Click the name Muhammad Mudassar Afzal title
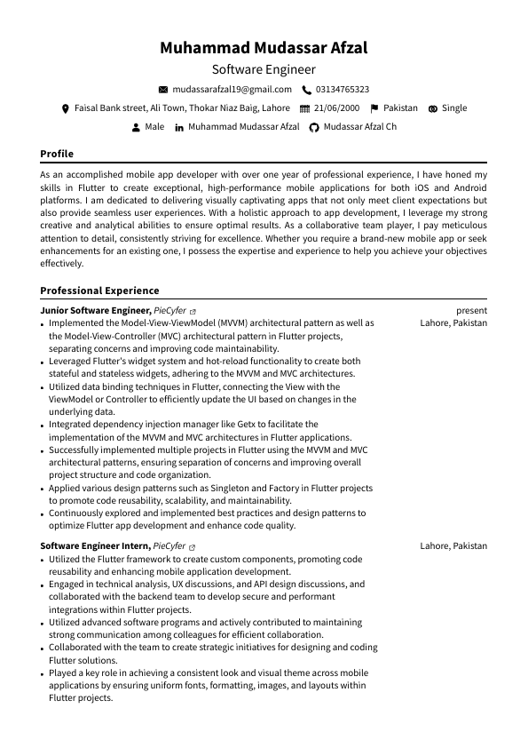pos(264,48)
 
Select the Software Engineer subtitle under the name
pos(264,69)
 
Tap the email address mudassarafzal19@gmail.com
pos(232,90)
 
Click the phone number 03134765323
pos(343,90)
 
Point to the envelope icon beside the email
pos(162,90)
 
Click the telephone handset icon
pos(306,90)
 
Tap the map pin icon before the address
pos(65,108)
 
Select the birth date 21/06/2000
pos(336,108)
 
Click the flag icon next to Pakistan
pos(374,108)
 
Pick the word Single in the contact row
pos(454,108)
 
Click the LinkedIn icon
pos(179,128)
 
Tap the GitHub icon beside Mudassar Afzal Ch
pos(313,128)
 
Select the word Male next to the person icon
pos(154,127)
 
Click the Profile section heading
pos(57,154)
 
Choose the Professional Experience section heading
pos(99,290)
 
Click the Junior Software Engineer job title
pos(95,311)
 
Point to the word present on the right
pos(471,311)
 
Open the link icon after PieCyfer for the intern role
pos(193,546)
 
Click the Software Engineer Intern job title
pos(95,545)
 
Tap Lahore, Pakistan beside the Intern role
pos(453,545)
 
